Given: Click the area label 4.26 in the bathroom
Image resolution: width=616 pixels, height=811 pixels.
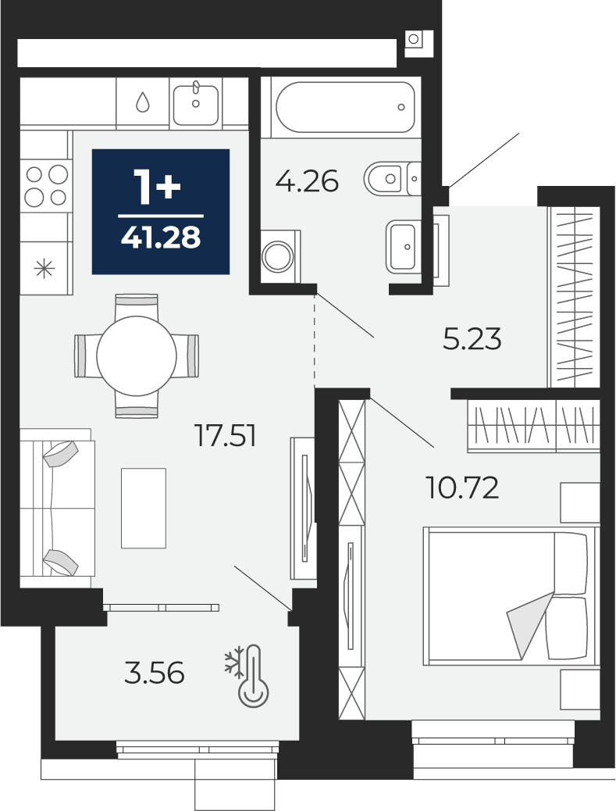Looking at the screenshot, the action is click(x=307, y=181).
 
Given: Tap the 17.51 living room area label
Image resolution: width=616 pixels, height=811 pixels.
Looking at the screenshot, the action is click(x=226, y=435).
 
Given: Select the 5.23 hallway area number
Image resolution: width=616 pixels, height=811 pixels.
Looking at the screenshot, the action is click(x=472, y=340).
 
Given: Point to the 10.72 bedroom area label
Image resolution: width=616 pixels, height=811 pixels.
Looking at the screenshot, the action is click(x=462, y=488).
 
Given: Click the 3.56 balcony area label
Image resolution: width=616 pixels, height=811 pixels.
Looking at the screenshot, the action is click(x=155, y=674).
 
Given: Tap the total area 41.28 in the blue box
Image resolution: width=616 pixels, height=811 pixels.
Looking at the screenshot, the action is click(x=161, y=238).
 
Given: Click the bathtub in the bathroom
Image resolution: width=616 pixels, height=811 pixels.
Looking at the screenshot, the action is click(x=345, y=107).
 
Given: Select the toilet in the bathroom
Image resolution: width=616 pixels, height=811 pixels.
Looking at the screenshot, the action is click(x=392, y=179).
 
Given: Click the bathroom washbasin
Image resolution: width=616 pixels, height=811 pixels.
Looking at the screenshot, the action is click(x=403, y=246).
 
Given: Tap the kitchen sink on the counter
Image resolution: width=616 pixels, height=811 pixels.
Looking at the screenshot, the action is click(x=195, y=103).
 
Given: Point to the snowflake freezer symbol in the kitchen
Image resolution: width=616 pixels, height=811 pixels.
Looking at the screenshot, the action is click(x=45, y=269).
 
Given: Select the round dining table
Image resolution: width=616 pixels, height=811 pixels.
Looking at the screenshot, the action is click(x=137, y=355).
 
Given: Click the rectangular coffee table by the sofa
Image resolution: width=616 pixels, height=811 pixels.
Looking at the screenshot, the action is click(x=144, y=508).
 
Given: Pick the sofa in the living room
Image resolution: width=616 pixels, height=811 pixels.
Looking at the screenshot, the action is click(x=57, y=508).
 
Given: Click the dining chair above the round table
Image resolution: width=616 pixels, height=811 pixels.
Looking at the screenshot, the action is click(x=137, y=307).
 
